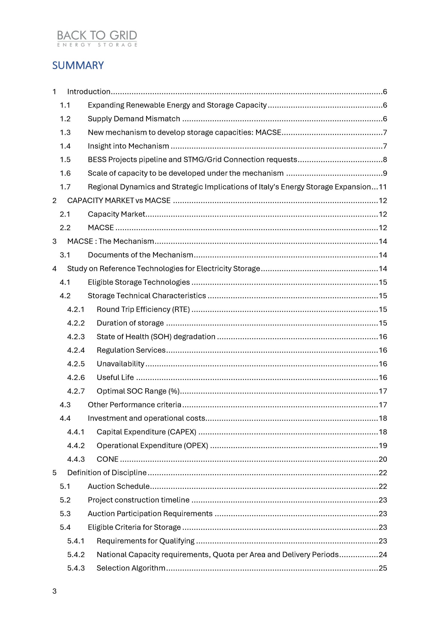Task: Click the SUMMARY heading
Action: point(78,66)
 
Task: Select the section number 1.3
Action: point(65,132)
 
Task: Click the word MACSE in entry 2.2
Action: point(101,228)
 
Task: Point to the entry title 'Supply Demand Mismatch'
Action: point(134,119)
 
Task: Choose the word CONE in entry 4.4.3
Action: point(108,459)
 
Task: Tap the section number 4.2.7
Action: point(76,391)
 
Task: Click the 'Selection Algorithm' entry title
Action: point(131,568)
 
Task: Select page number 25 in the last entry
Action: point(383,568)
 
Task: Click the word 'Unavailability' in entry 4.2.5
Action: point(121,364)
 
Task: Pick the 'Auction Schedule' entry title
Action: point(119,486)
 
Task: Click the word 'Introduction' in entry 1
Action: point(89,92)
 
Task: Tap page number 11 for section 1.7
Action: point(383,187)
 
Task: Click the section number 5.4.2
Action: point(76,554)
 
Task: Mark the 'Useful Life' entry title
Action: point(115,377)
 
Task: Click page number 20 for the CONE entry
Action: point(383,459)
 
